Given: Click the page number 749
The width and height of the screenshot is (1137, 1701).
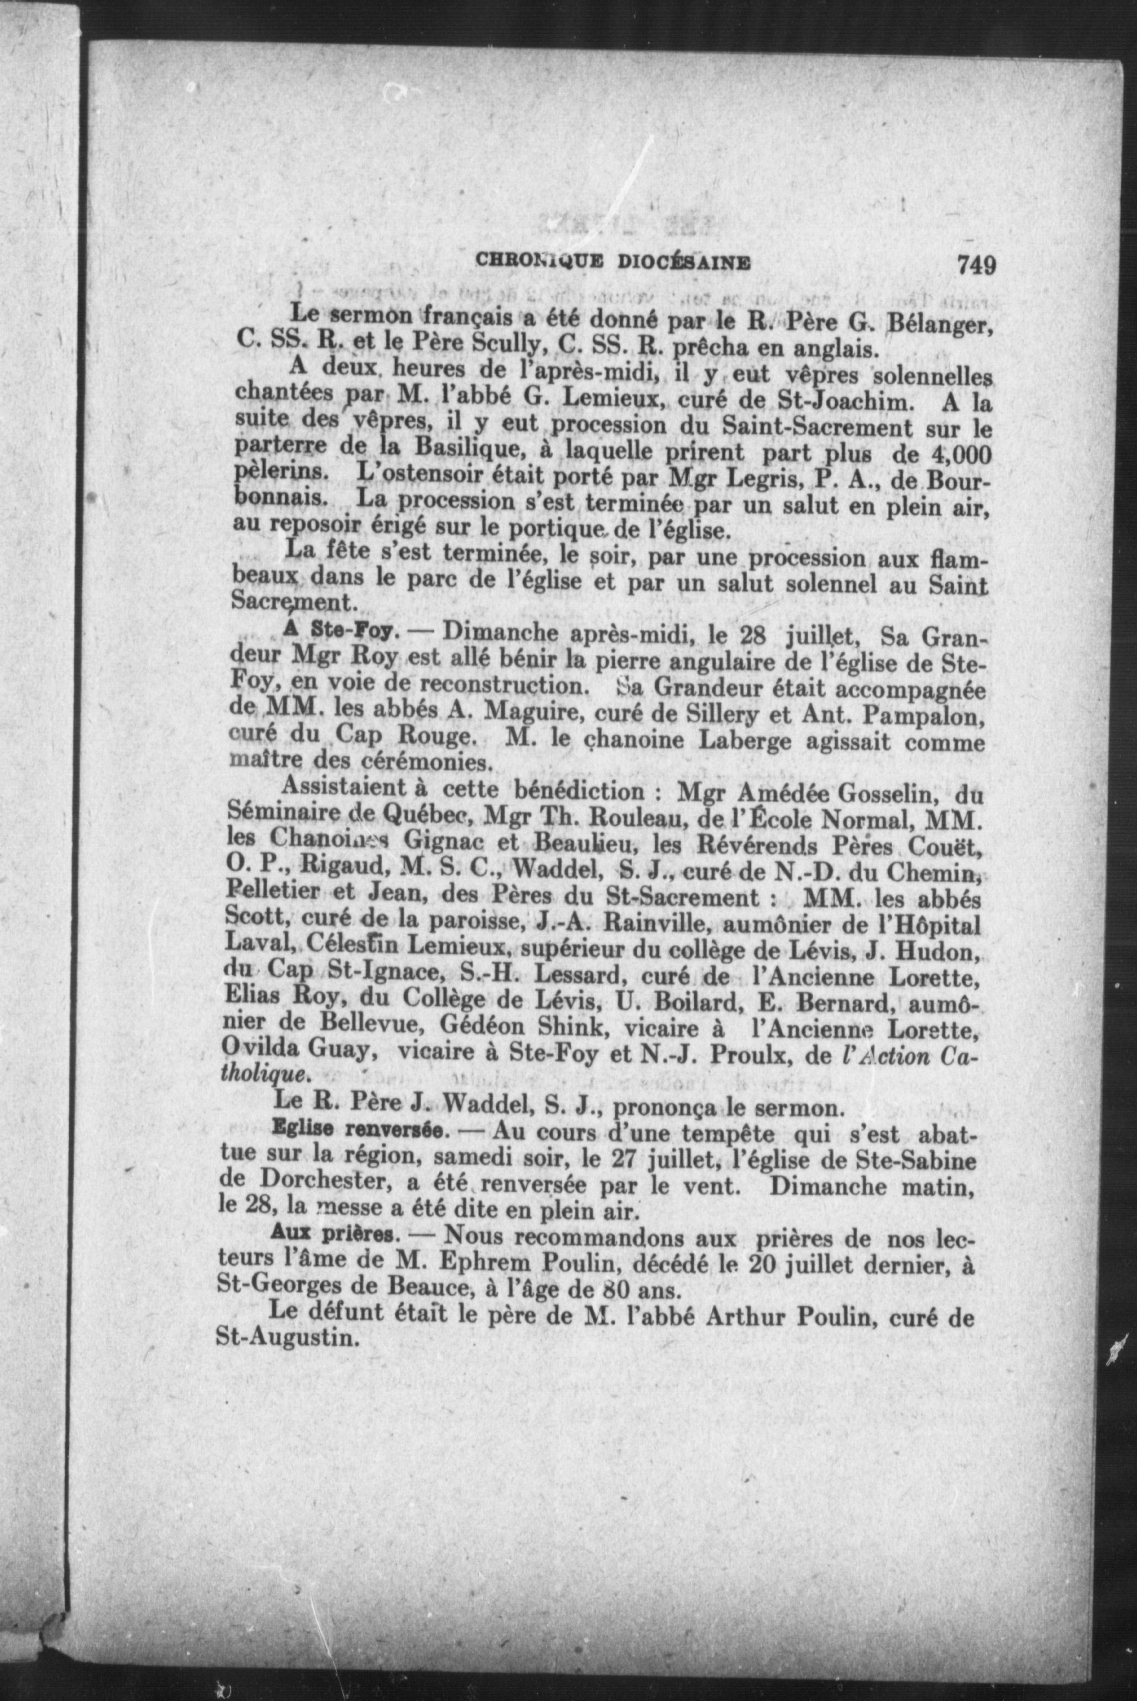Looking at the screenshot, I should point(976,264).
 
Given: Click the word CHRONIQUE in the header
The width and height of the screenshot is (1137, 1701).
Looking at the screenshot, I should point(531,262).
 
